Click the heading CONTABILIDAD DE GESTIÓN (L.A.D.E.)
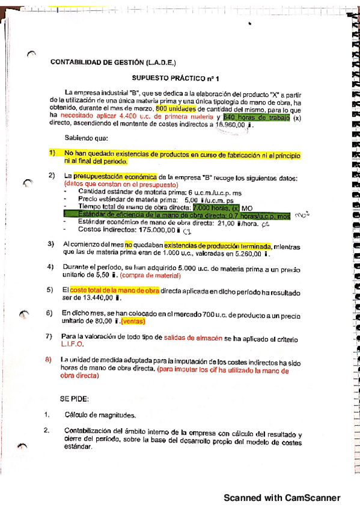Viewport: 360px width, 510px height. (113, 62)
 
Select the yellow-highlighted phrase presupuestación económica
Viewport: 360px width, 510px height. (115, 177)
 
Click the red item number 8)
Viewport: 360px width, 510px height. (51, 360)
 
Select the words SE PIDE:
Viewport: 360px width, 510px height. (75, 399)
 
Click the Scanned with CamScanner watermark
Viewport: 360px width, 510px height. (282, 497)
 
